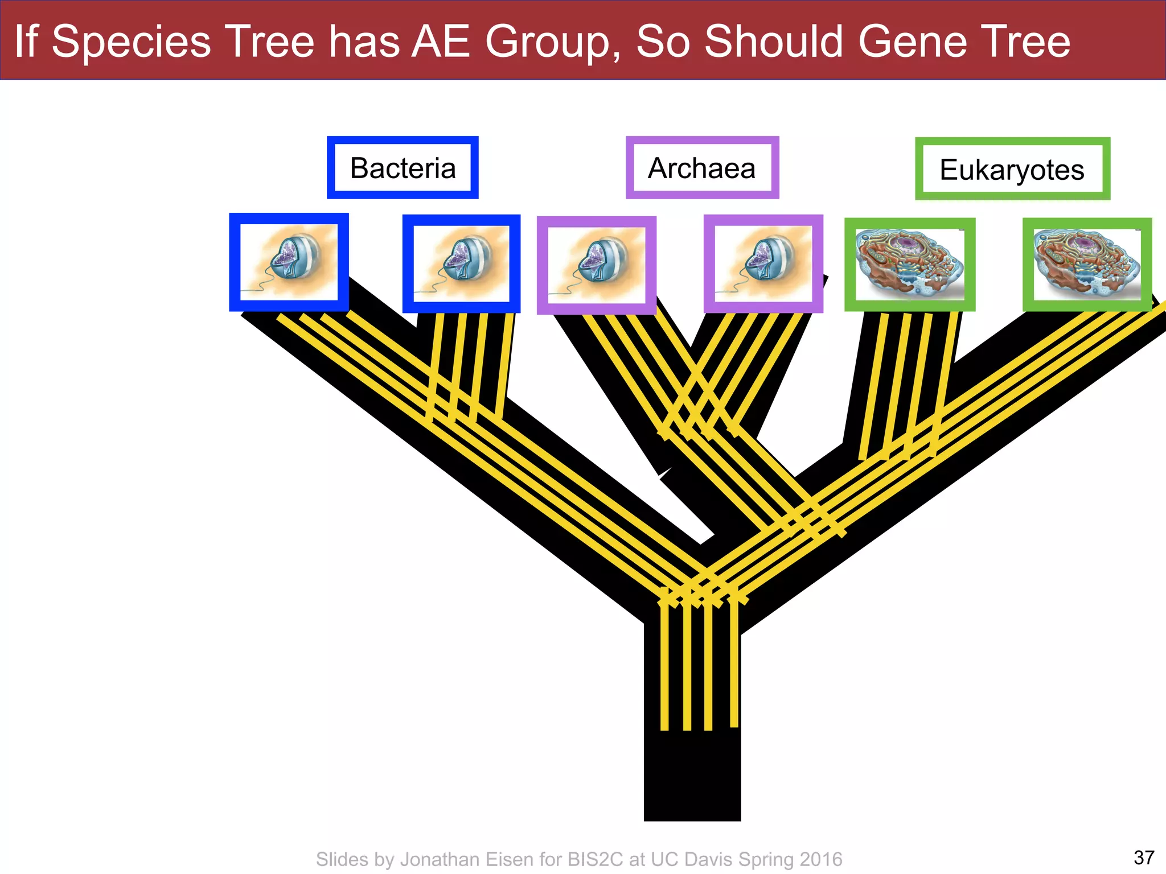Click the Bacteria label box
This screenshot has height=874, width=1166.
coord(403,168)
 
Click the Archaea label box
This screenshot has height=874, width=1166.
coord(702,168)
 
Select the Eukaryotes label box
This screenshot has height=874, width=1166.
coord(1012,170)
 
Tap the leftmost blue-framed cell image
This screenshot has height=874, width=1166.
coord(289,262)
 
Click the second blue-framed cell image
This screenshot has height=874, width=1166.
coord(461,263)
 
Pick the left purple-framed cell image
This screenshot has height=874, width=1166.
coord(596,265)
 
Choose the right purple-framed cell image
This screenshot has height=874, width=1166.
coord(763,264)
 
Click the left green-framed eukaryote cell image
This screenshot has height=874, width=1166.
coord(909,265)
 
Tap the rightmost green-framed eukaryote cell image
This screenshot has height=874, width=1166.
coord(1087,265)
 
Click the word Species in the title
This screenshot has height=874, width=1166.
coord(131,42)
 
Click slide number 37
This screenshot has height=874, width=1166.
coord(1144,857)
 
